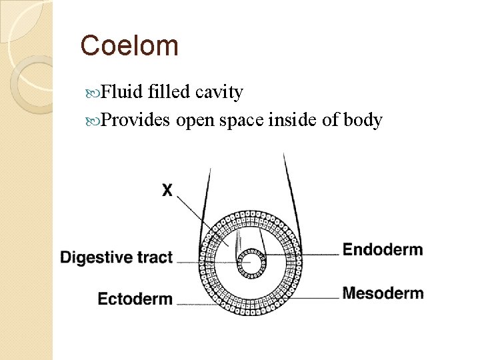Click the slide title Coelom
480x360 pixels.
pos(129,46)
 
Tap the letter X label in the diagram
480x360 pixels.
pos(167,191)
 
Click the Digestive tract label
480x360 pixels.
pos(117,257)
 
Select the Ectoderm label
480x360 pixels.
pos(135,299)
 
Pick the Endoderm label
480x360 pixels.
pos(382,250)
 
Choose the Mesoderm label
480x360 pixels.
pos(383,293)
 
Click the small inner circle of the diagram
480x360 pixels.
pos(252,261)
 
